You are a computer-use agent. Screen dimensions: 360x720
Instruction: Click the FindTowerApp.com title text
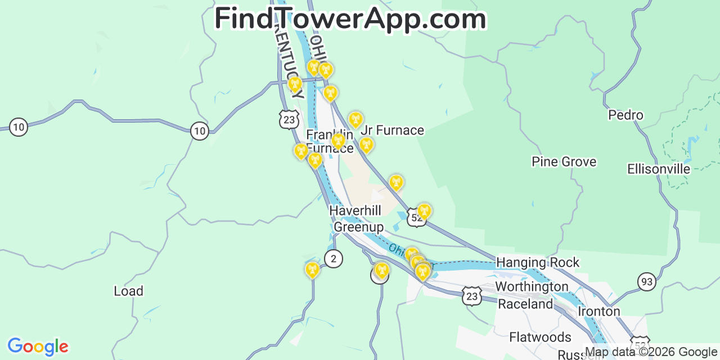point(350,19)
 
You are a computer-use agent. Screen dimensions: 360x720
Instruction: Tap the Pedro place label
point(625,115)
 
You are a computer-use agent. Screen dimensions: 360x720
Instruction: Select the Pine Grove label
point(564,162)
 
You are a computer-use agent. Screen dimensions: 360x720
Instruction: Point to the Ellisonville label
point(659,169)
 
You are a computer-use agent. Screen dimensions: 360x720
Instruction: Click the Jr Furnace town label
point(393,130)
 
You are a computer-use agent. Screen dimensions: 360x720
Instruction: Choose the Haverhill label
point(355,210)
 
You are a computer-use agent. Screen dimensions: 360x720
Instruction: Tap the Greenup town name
point(358,227)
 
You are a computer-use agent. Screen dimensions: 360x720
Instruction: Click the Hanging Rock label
point(537,263)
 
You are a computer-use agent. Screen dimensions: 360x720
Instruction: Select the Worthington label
point(532,287)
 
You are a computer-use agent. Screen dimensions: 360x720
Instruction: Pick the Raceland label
point(525,304)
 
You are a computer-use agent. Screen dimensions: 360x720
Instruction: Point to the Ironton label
point(598,312)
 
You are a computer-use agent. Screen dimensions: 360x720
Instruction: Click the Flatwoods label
point(540,337)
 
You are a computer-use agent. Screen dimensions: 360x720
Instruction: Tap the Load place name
point(128,291)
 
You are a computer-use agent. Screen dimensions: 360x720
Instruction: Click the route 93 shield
point(647,281)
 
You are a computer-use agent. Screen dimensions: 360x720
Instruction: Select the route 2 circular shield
point(334,259)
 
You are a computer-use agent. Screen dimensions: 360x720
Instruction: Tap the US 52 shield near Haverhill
point(416,218)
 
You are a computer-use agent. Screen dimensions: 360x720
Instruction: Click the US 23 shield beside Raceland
point(472,296)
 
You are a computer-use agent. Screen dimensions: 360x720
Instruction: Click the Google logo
point(38,346)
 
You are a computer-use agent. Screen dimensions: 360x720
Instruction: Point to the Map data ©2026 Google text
point(651,352)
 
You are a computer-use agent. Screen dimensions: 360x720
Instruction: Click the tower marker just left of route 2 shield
point(312,269)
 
